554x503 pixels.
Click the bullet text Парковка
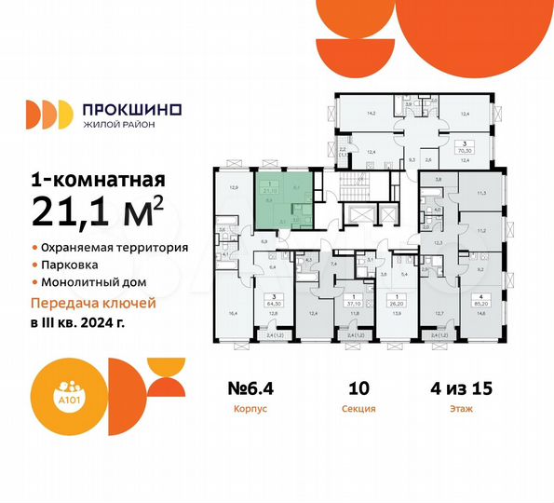[70, 265]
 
